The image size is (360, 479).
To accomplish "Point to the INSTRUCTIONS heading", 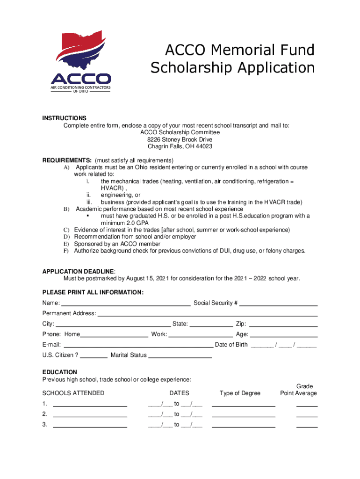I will (x=65, y=118).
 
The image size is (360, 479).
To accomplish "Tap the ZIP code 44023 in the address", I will (x=203, y=146).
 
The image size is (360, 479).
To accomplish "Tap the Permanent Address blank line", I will (x=207, y=314).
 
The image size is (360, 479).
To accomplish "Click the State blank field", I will (x=211, y=324).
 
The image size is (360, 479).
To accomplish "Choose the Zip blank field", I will (x=283, y=324).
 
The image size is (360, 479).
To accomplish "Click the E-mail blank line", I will (x=138, y=345).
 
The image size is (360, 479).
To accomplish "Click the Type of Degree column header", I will (x=240, y=393).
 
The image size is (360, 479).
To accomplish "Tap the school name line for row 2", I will (x=90, y=414).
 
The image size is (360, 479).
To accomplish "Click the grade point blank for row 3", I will (x=307, y=425).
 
